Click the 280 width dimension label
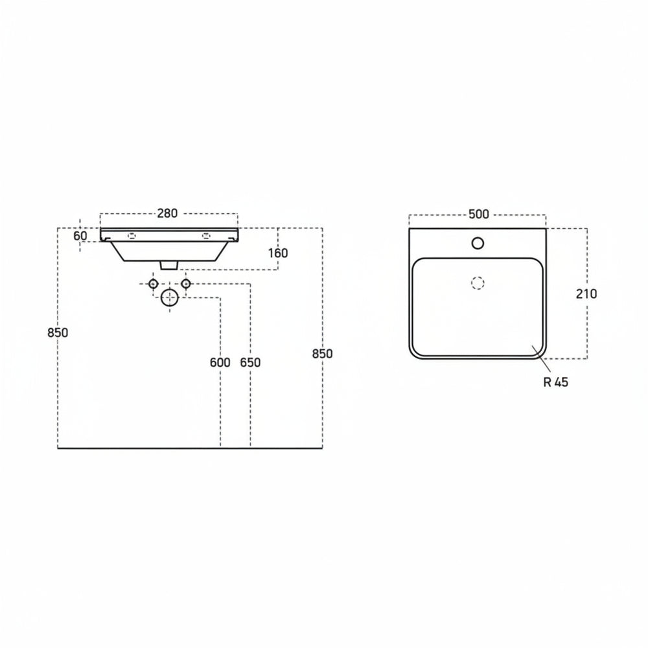pyautogui.click(x=167, y=213)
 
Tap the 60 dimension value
pyautogui.click(x=80, y=236)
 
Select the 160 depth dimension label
pyautogui.click(x=278, y=253)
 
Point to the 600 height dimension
pyautogui.click(x=220, y=362)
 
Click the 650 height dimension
pyautogui.click(x=250, y=362)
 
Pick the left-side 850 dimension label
pyautogui.click(x=58, y=332)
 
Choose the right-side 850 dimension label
pyautogui.click(x=322, y=354)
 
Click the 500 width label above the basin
pyautogui.click(x=479, y=214)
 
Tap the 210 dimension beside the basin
pyautogui.click(x=586, y=294)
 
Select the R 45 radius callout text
pyautogui.click(x=556, y=382)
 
